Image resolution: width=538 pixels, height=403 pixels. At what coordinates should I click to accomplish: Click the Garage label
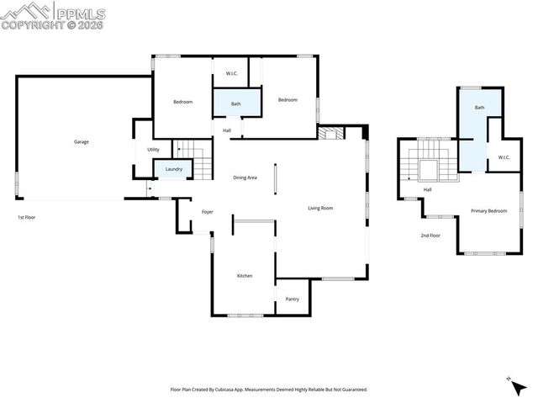coord(82,141)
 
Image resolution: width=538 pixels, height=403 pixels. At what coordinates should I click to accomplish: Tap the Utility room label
coord(153,150)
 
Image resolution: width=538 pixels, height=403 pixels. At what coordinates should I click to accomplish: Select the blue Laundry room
coord(174,169)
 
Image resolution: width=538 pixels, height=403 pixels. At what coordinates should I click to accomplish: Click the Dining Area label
coord(245,178)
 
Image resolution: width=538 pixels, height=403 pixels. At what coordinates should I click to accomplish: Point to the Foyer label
coord(207,211)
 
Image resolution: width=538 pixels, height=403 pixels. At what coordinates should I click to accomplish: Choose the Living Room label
coord(320,208)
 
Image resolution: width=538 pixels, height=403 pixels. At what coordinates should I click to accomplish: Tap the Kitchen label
coord(244,276)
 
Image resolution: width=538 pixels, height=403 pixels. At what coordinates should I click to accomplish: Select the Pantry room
coord(293,299)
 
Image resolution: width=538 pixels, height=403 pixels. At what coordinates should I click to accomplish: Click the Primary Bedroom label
coord(488,210)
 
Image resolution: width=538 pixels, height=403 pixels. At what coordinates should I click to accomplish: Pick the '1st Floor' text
coord(26,217)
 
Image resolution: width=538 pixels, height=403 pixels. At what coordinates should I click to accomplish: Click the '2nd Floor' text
coord(430,236)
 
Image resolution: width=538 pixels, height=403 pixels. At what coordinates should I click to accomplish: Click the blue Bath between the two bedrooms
coord(236,103)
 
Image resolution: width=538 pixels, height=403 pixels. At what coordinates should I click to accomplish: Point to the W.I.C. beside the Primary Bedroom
coord(504,157)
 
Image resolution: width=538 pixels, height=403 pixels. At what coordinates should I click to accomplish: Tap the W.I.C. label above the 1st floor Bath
coord(231,73)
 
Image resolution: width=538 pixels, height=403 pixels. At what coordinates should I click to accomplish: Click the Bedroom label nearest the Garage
coord(182,102)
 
